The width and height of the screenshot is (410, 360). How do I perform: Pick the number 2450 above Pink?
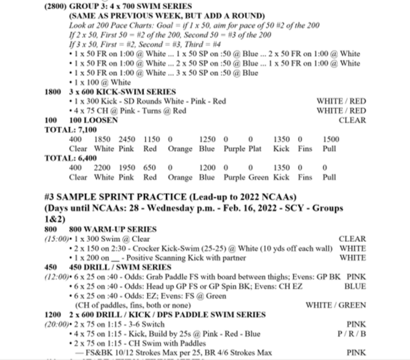coord(127,139)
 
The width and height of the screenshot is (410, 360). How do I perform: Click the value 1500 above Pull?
coord(331,139)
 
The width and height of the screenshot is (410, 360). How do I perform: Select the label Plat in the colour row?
coord(255,149)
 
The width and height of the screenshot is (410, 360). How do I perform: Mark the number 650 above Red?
coord(150,168)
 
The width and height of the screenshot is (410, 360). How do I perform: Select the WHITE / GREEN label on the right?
coord(336,305)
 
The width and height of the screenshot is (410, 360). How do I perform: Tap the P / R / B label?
coord(351,334)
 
